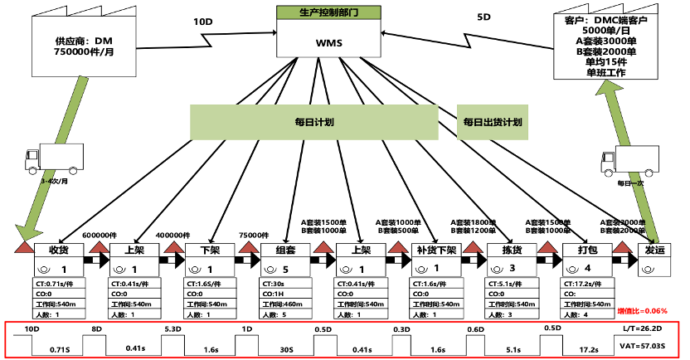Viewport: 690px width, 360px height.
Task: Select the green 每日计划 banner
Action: point(314,122)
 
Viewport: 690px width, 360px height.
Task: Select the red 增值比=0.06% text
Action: point(644,310)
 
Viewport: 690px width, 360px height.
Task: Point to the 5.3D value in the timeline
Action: point(172,329)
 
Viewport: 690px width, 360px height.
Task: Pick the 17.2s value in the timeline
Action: point(588,349)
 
